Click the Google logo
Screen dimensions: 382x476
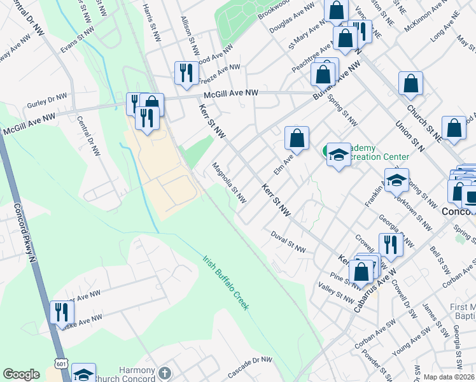click(x=22, y=374)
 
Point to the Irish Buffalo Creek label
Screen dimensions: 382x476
click(x=226, y=283)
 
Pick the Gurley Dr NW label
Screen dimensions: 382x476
click(x=46, y=100)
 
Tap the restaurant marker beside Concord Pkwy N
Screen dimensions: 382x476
click(x=62, y=311)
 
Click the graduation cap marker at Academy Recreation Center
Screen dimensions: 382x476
click(x=339, y=155)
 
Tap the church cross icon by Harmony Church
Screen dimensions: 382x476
click(x=165, y=372)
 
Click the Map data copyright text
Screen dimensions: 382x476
click(x=449, y=377)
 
